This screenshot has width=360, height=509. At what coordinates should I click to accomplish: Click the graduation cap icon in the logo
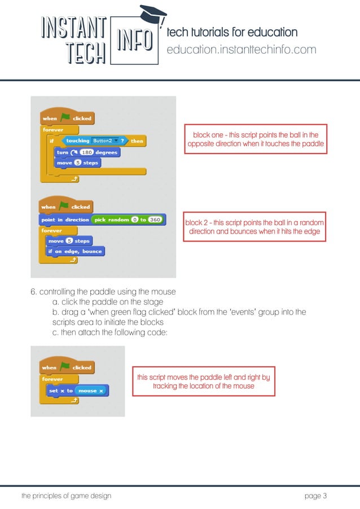[x=153, y=14]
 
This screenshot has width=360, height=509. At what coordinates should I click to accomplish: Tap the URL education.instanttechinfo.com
[x=242, y=50]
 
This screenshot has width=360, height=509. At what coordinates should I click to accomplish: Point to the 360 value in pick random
[x=156, y=220]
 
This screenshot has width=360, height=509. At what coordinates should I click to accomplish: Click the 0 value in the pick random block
[x=134, y=220]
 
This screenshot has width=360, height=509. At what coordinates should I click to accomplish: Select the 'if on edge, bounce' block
[x=74, y=251]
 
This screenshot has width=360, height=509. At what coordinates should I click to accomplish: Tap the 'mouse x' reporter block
[x=90, y=390]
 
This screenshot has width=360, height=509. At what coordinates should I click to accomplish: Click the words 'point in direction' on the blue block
[x=65, y=220]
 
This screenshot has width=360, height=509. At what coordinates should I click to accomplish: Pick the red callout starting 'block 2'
[x=254, y=227]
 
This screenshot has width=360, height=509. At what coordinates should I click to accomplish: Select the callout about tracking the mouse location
[x=203, y=381]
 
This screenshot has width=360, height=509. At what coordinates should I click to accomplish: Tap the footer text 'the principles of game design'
[x=66, y=496]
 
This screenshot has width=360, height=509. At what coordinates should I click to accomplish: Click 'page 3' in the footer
[x=315, y=496]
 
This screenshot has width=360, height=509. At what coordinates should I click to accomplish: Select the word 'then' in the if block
[x=137, y=141]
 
